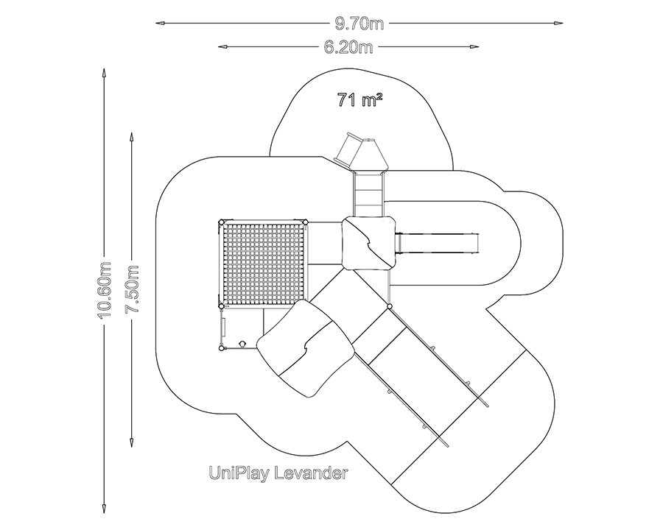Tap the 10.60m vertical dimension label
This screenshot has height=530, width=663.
[x=105, y=290]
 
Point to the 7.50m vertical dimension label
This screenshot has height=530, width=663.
[x=132, y=289]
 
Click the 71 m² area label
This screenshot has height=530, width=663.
[x=359, y=100]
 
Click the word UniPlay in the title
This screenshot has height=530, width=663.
[x=236, y=473]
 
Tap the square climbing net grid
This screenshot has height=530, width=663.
[x=263, y=263]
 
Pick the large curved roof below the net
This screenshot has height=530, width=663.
[x=304, y=346]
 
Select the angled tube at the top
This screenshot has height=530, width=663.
[x=347, y=149]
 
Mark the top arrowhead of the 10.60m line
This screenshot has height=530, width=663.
[x=105, y=71]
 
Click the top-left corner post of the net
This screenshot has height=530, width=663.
[x=221, y=221]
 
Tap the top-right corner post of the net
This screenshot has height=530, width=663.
[x=305, y=221]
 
